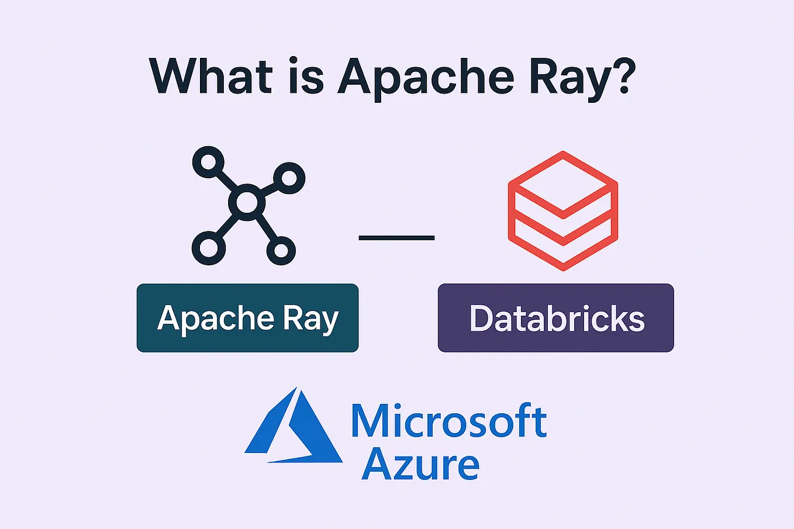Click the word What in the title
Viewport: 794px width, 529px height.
(x=211, y=76)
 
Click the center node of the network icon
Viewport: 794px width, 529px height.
(x=247, y=203)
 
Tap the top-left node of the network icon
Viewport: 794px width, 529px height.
(x=208, y=162)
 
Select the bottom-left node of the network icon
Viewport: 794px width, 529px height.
(x=208, y=248)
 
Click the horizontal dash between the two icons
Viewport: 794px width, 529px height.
(x=396, y=238)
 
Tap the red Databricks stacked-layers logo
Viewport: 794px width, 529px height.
(x=562, y=211)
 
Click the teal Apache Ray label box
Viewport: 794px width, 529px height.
(x=247, y=318)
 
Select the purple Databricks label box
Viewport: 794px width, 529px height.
(x=555, y=318)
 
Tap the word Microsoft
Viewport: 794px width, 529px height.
(x=448, y=421)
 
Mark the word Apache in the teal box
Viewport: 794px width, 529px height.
(x=215, y=319)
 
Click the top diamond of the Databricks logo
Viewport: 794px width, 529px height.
(x=562, y=181)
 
